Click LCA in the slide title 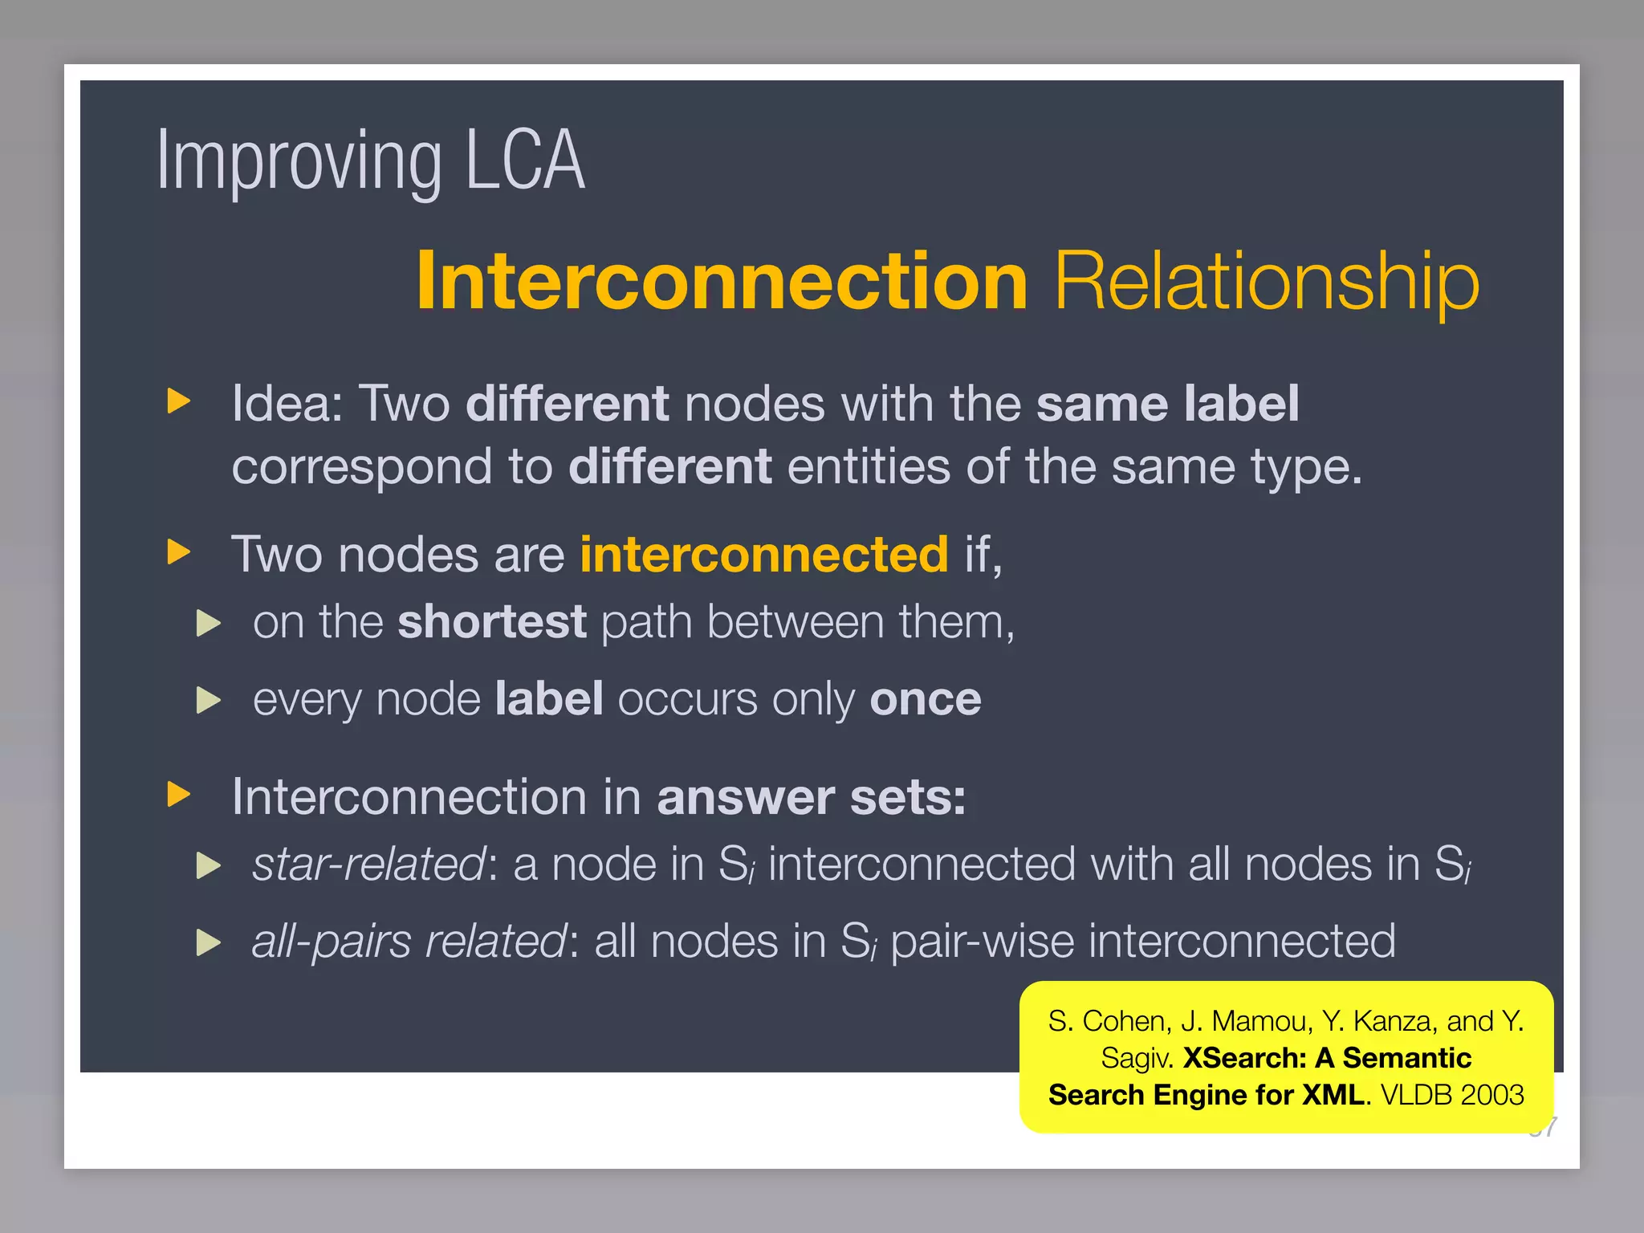click(x=525, y=161)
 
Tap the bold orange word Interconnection click(x=721, y=280)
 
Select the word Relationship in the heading click(x=1267, y=280)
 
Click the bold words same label click(x=1167, y=403)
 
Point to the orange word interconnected click(x=763, y=555)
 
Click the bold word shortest click(x=491, y=622)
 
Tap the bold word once click(x=925, y=699)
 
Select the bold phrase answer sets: click(x=811, y=797)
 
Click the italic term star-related click(x=368, y=865)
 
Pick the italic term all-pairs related click(x=409, y=942)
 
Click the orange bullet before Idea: click(x=178, y=401)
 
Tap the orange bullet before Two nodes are click(x=178, y=552)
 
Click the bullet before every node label click(x=208, y=700)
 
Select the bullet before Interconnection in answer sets click(x=178, y=795)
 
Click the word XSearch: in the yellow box click(x=1244, y=1058)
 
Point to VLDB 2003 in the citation click(x=1451, y=1095)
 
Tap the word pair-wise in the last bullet click(x=981, y=942)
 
